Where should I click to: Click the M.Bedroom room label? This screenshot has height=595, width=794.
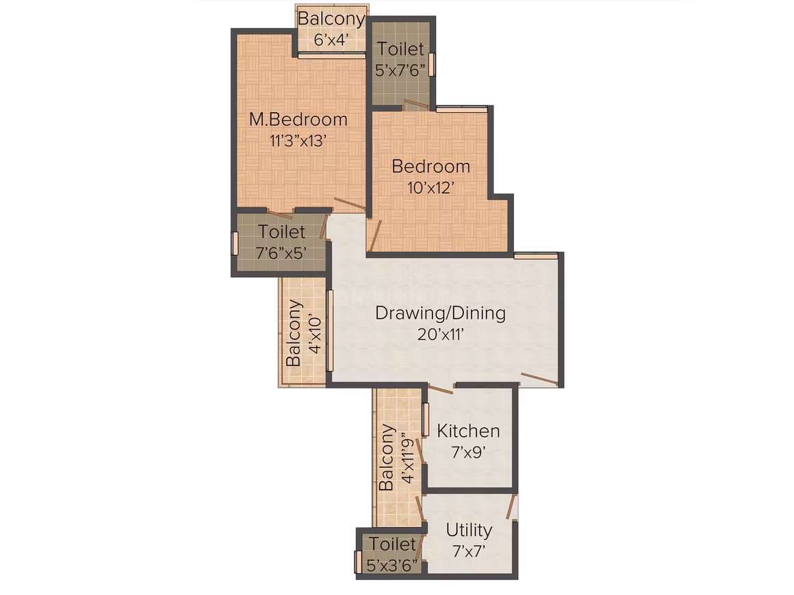coord(298,120)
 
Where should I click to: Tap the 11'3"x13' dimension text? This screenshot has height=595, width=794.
coord(297,140)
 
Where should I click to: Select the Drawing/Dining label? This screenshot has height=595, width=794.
coord(441,313)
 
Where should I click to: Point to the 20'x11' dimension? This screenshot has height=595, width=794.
coord(441,334)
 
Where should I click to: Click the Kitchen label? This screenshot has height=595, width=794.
coord(468,431)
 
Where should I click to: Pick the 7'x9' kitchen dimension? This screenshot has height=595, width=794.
coord(468,452)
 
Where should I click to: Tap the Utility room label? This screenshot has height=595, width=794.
coord(469,530)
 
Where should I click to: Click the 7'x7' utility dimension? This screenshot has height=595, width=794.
coord(469,551)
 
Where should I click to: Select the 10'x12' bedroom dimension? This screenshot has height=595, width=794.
coord(431,187)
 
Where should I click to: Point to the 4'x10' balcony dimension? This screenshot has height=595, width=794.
coord(315,334)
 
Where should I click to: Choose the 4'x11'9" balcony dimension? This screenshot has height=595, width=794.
coord(407,458)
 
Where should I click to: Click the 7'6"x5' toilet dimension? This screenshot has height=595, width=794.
coord(281,252)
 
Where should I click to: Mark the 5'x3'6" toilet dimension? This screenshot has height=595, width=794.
coord(392,565)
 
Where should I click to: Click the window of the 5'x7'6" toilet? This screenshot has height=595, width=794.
coord(432,64)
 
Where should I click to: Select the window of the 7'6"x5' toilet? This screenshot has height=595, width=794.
coord(235,243)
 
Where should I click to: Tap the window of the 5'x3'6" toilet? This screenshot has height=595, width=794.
coord(358,562)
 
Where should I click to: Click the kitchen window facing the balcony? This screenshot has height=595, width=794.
coord(426,419)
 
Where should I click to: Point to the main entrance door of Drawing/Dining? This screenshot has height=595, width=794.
coord(540,378)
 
